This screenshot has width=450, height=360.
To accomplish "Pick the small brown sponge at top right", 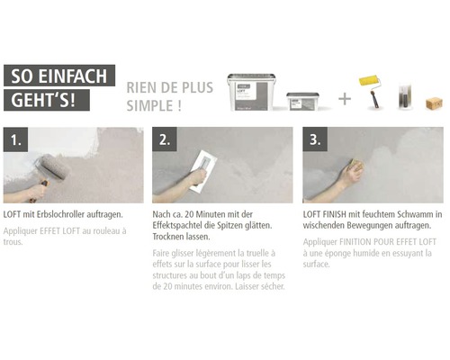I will pos(434,103).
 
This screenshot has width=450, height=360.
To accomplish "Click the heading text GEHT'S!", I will pos(40,100).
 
